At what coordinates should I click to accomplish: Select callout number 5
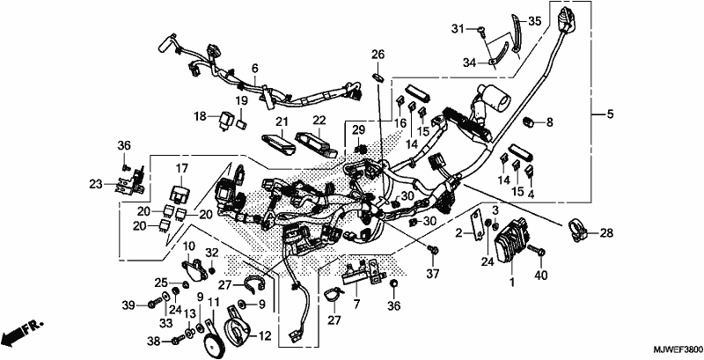click(x=610, y=114)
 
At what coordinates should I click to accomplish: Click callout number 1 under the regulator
click(x=512, y=283)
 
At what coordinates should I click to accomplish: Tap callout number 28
click(x=606, y=233)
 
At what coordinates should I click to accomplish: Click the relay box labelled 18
click(x=227, y=119)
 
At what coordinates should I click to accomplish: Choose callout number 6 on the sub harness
click(x=255, y=69)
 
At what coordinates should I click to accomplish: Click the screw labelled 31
click(x=482, y=30)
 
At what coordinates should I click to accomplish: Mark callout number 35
click(x=535, y=20)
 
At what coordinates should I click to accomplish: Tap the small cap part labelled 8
click(x=529, y=121)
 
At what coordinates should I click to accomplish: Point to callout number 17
click(x=181, y=168)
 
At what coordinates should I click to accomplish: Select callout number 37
click(x=433, y=272)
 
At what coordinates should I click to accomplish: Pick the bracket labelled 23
click(x=130, y=181)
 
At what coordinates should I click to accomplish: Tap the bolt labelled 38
click(x=180, y=340)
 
